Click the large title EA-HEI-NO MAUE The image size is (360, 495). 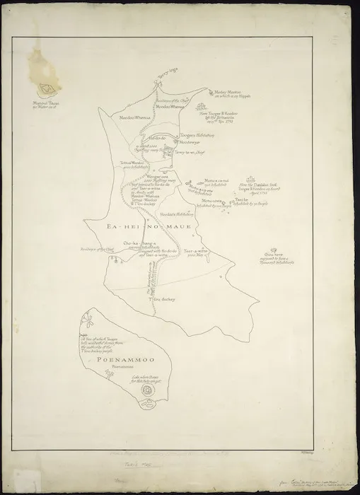pyautogui.click(x=144, y=226)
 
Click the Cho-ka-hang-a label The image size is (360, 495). pyautogui.click(x=138, y=244)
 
